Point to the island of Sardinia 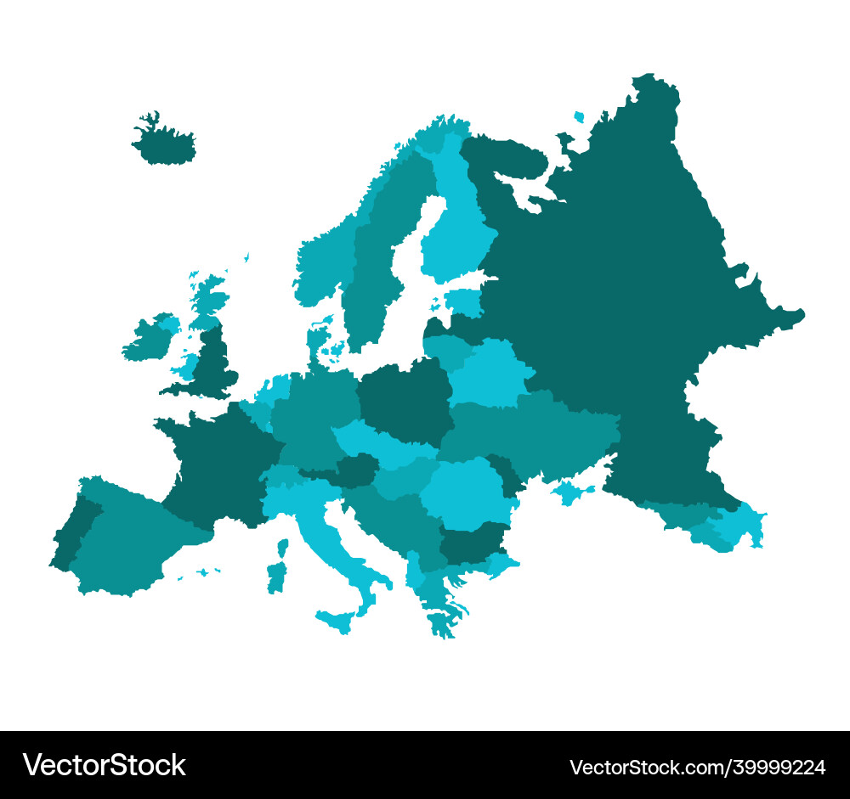[276, 577]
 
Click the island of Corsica [282, 547]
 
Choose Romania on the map [463, 492]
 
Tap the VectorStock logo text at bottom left [104, 766]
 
